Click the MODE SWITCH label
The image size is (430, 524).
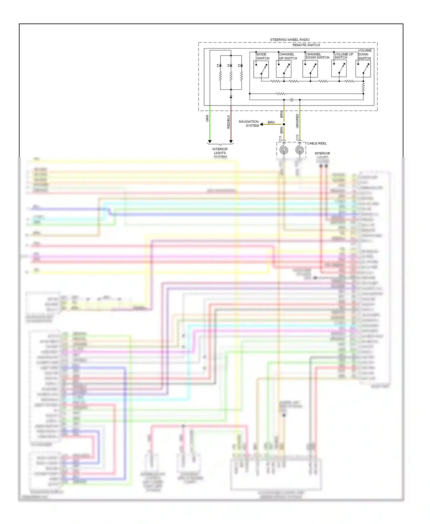[263, 56]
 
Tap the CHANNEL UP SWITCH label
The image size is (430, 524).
[288, 56]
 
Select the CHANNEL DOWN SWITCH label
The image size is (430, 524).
[317, 56]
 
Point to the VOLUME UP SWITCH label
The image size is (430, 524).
[343, 56]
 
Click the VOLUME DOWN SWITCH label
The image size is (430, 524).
[365, 54]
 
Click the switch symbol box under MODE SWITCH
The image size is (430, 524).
[261, 69]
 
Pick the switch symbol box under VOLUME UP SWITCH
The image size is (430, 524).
[339, 69]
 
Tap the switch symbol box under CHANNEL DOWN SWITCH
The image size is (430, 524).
[310, 69]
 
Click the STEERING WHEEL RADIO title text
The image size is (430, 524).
[290, 40]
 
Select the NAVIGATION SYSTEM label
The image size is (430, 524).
[249, 124]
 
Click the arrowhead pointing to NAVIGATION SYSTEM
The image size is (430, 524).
[261, 124]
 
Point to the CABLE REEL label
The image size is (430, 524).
[316, 143]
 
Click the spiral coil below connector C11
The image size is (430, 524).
[284, 150]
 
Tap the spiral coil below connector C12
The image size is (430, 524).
[300, 150]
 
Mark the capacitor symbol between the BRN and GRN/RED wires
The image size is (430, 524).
[292, 100]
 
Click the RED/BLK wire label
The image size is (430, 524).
[228, 122]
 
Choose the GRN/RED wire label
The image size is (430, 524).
[297, 121]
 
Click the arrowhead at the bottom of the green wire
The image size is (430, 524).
[210, 142]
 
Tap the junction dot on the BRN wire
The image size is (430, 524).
[284, 124]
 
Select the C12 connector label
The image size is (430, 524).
[297, 137]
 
